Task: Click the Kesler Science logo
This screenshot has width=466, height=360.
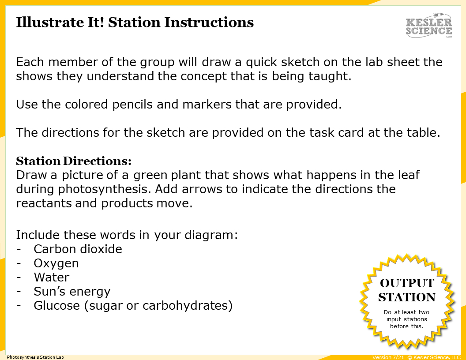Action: (x=429, y=26)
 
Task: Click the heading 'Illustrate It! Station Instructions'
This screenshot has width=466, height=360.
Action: (x=135, y=22)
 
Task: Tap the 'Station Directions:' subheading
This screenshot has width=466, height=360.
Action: (x=74, y=160)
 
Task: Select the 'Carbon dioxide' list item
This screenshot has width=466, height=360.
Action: (x=78, y=249)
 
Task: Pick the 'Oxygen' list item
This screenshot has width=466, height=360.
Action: (x=56, y=263)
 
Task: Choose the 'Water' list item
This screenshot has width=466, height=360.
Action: (x=51, y=277)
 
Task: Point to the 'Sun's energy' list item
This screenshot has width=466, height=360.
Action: (x=72, y=292)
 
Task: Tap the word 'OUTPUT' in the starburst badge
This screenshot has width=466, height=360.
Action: (x=407, y=283)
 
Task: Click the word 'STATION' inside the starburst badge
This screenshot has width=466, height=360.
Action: (x=407, y=297)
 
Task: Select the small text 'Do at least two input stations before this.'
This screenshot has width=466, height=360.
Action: (x=406, y=319)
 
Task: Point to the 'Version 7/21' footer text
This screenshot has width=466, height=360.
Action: (x=388, y=357)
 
